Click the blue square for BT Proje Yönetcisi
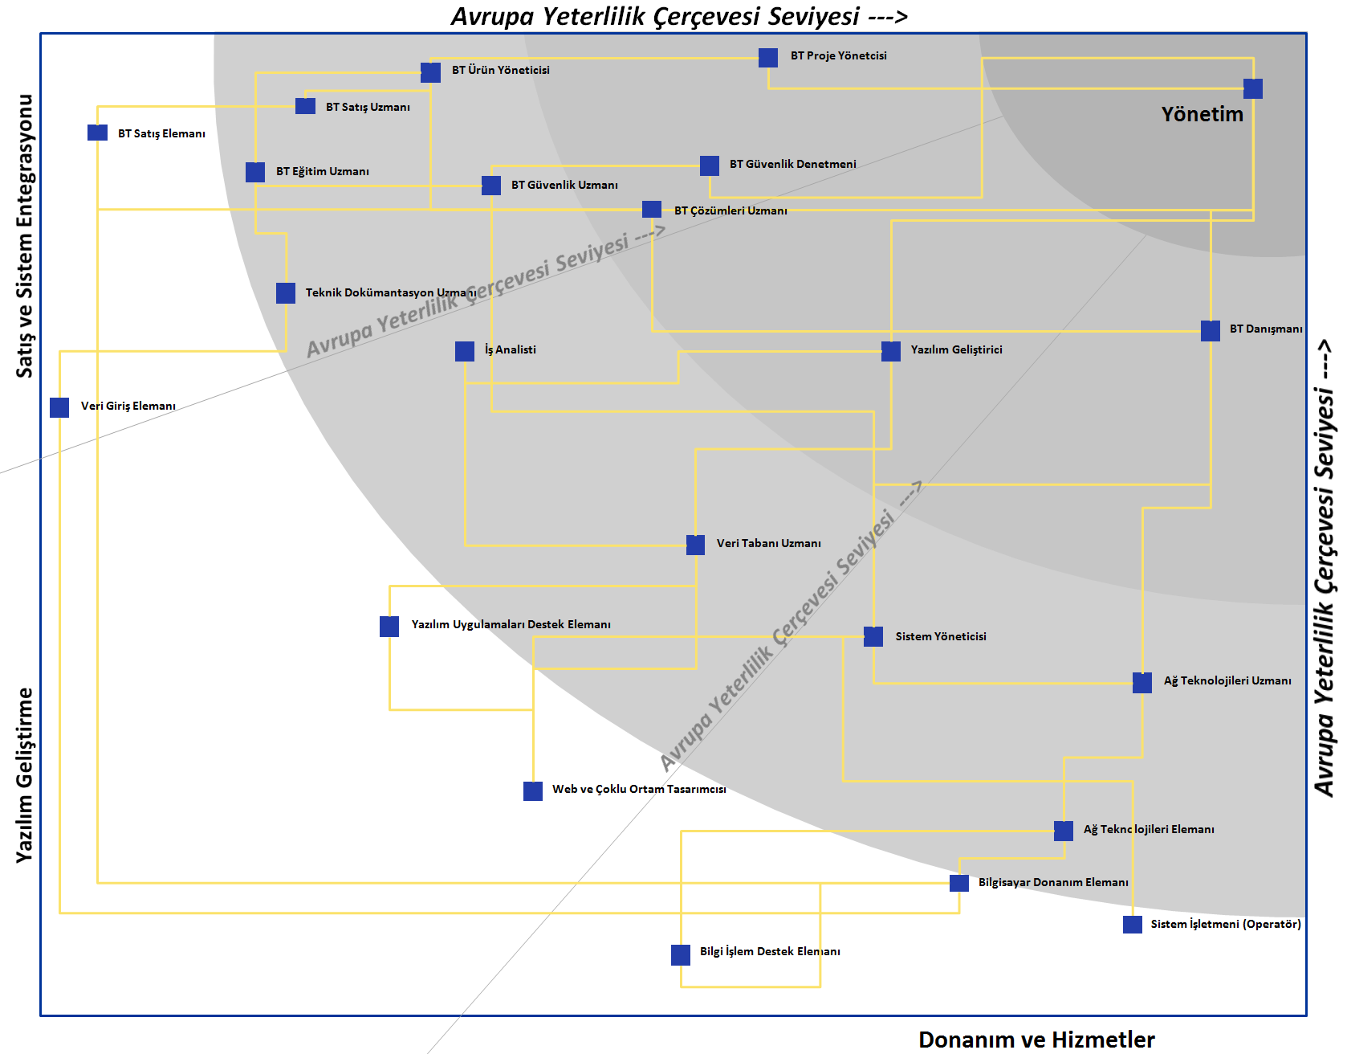pyautogui.click(x=768, y=58)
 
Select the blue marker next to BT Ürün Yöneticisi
pyautogui.click(x=431, y=73)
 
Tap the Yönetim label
pyautogui.click(x=1202, y=114)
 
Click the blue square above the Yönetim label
pyautogui.click(x=1253, y=88)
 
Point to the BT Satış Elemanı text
pyautogui.click(x=161, y=133)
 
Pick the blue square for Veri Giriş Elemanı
pyautogui.click(x=59, y=407)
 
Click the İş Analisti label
pyautogui.click(x=511, y=349)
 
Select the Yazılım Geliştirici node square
pyautogui.click(x=891, y=351)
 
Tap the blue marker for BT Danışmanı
pyautogui.click(x=1211, y=331)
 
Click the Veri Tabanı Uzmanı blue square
pyautogui.click(x=696, y=545)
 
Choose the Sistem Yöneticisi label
pyautogui.click(x=941, y=636)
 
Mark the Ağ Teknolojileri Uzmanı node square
pyautogui.click(x=1142, y=683)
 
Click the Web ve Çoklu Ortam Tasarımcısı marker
pyautogui.click(x=533, y=791)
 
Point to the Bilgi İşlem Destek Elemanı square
pyautogui.click(x=681, y=954)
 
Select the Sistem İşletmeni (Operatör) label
pyautogui.click(x=1226, y=924)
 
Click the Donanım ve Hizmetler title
pyautogui.click(x=1036, y=1040)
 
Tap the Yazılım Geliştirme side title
pyautogui.click(x=25, y=775)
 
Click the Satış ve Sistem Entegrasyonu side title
pyautogui.click(x=25, y=236)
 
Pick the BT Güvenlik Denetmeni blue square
pyautogui.click(x=710, y=165)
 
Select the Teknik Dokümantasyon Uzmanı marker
pyautogui.click(x=286, y=293)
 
